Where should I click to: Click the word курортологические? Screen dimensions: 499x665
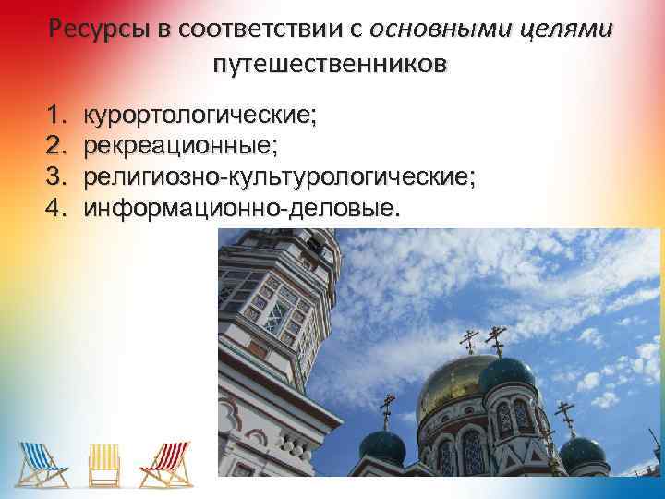click(199, 116)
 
